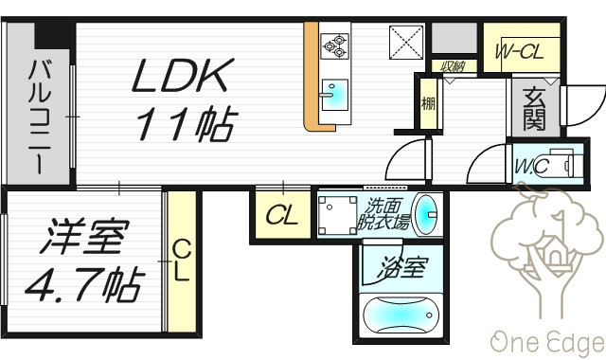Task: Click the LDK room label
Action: (x=180, y=77)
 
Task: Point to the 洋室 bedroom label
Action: (x=80, y=238)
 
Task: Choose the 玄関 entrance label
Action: (x=533, y=108)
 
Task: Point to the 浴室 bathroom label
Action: (x=402, y=269)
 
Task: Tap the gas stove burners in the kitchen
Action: (x=335, y=44)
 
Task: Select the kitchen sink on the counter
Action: (x=334, y=95)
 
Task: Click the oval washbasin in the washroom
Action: (x=428, y=214)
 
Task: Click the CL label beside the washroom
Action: (x=280, y=216)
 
